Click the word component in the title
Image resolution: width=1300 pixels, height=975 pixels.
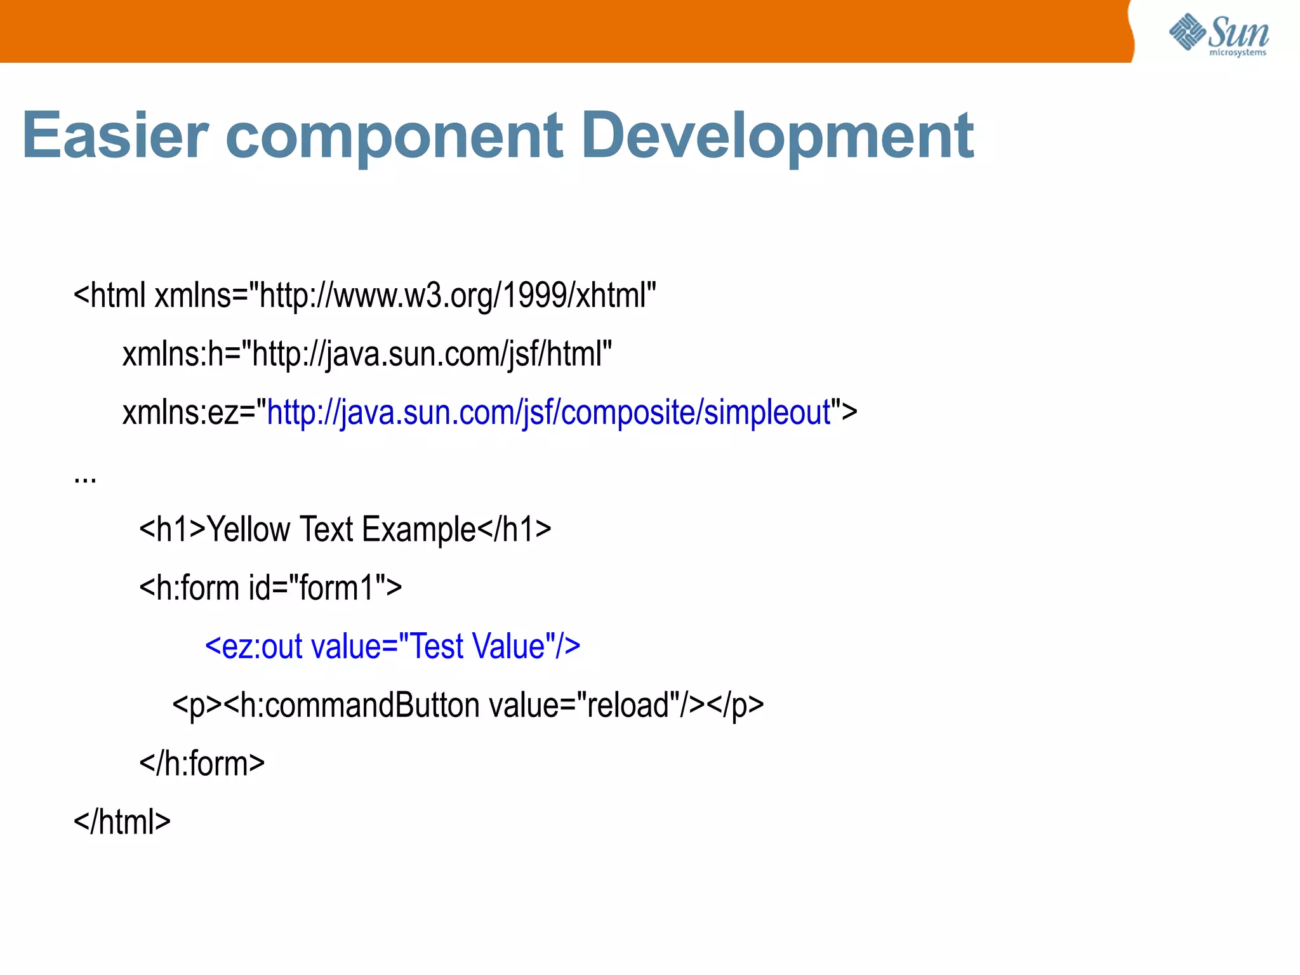tap(394, 136)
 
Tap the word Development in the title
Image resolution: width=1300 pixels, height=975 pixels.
tap(777, 136)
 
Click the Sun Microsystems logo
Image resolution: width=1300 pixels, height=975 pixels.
tap(1219, 34)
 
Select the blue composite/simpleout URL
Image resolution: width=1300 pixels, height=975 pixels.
tap(549, 413)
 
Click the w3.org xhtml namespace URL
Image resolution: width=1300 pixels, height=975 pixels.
tap(457, 296)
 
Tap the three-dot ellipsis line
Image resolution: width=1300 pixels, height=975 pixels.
tap(85, 477)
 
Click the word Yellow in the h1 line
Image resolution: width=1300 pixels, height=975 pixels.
tap(248, 529)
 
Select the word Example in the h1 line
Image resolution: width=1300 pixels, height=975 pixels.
tap(419, 529)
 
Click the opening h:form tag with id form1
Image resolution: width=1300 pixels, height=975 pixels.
tap(270, 588)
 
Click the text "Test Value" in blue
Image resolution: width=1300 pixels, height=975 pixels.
tap(477, 646)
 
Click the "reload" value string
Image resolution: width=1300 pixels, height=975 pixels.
tap(628, 705)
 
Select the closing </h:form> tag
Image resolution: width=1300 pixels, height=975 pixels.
tap(202, 764)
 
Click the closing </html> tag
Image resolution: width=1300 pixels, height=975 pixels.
tap(122, 822)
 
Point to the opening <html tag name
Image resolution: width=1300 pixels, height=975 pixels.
tap(110, 296)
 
